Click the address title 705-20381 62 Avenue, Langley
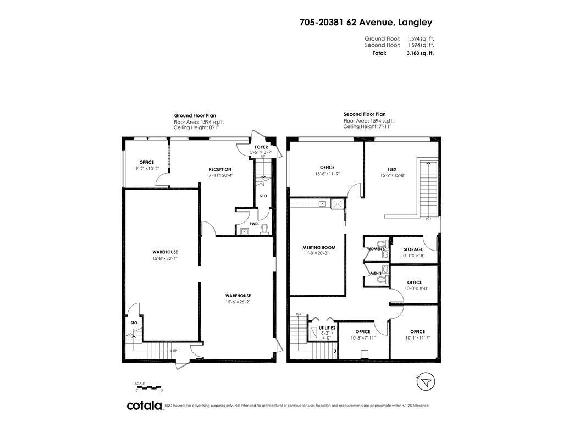[x=366, y=23]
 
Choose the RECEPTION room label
[x=219, y=169]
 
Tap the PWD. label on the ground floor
[x=254, y=224]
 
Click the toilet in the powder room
[x=264, y=229]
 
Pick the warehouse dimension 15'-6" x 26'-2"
[x=238, y=302]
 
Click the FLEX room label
[x=392, y=169]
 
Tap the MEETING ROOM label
[x=318, y=248]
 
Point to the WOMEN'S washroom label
[x=376, y=249]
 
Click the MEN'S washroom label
[x=376, y=273]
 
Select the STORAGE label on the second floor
[x=413, y=249]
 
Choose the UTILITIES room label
[x=327, y=328]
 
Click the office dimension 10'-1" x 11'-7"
[x=417, y=338]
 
